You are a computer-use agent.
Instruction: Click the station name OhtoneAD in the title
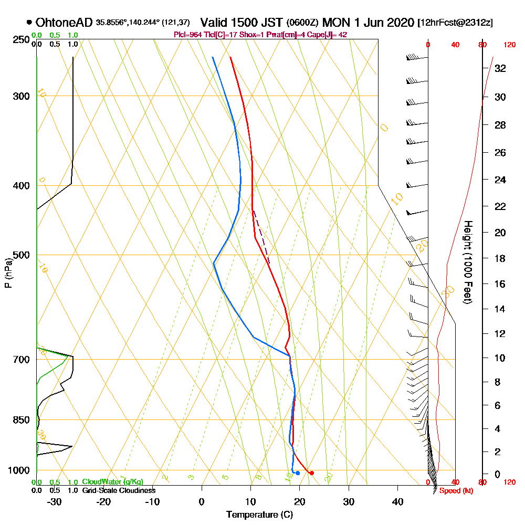click(65, 23)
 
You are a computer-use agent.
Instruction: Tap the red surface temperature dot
click(311, 473)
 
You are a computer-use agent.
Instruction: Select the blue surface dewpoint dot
click(298, 473)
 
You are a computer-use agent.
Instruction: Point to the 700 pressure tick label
click(20, 359)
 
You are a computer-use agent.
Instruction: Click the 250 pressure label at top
click(20, 40)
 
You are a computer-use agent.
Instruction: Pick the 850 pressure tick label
click(20, 419)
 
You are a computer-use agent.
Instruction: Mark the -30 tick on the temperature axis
click(55, 501)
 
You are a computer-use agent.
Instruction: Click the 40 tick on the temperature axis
click(397, 501)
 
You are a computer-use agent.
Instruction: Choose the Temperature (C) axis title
click(259, 514)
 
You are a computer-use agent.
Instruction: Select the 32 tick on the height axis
click(500, 68)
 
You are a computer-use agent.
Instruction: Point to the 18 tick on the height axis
click(500, 258)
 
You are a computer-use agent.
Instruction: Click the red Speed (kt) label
click(454, 490)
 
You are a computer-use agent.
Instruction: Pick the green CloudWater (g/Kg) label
click(112, 482)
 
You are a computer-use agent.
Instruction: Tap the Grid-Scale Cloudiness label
click(118, 490)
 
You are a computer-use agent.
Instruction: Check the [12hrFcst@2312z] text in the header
click(455, 23)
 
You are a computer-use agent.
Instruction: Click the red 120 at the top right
click(509, 45)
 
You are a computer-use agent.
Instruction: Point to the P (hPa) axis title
click(7, 273)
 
